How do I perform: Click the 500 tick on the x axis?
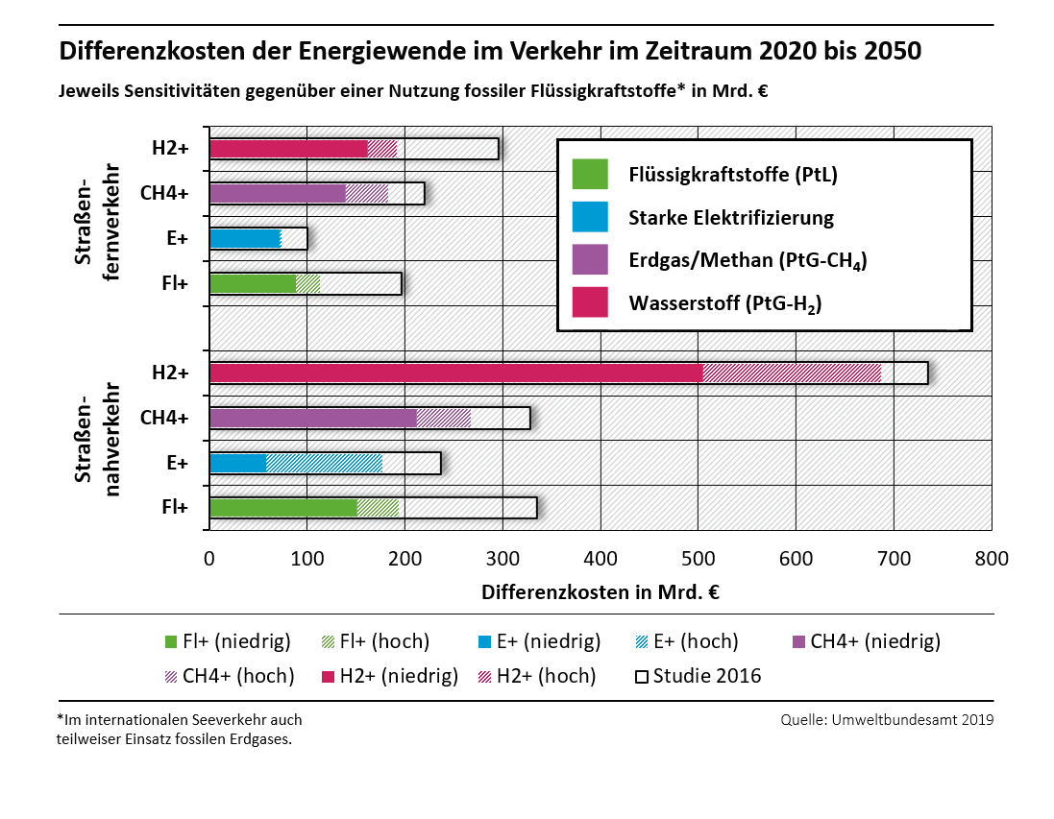click(699, 559)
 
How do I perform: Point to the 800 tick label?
click(992, 559)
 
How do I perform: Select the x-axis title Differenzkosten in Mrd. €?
click(601, 592)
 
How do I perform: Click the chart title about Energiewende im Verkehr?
click(490, 51)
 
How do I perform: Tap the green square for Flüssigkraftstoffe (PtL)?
click(589, 175)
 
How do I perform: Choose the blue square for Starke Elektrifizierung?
click(589, 218)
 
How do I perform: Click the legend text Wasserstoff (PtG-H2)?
click(725, 304)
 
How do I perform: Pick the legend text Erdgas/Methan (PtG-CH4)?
click(748, 261)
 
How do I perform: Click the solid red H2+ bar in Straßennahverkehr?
click(455, 373)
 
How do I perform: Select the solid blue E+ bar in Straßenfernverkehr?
click(245, 238)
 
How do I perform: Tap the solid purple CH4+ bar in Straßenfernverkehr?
click(277, 193)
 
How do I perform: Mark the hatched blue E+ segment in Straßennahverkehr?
click(324, 464)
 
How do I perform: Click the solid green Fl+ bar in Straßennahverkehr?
click(282, 508)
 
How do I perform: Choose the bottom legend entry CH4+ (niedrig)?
click(865, 641)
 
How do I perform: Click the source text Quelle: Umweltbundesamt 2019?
click(887, 719)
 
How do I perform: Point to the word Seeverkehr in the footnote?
click(215, 719)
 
